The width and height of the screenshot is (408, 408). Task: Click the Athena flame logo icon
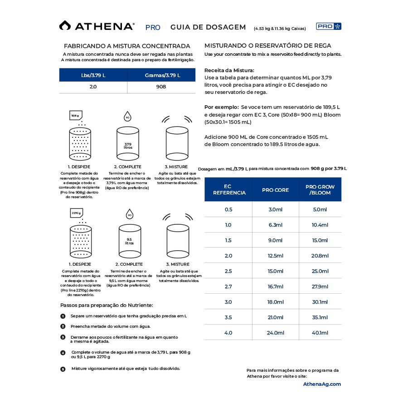[65, 26]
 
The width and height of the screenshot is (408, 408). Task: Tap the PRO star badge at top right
[329, 26]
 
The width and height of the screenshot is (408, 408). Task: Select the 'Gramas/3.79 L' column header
[162, 75]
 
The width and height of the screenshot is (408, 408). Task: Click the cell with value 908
[161, 87]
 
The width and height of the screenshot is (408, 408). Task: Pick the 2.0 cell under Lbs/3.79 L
[93, 87]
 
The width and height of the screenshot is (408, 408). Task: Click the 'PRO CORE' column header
[275, 190]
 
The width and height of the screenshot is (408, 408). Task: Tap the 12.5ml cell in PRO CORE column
[275, 256]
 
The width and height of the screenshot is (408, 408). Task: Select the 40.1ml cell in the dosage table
[320, 333]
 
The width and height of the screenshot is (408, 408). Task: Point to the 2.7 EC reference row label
[228, 287]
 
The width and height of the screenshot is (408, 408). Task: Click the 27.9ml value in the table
[320, 287]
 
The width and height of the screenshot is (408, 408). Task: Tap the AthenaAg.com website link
[322, 384]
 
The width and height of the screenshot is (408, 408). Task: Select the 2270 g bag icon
[76, 213]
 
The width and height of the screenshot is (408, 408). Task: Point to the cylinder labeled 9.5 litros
[129, 240]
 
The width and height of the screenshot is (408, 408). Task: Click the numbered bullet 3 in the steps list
[63, 337]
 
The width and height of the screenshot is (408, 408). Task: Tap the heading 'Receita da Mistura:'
[229, 70]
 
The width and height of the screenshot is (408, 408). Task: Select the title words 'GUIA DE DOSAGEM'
[208, 27]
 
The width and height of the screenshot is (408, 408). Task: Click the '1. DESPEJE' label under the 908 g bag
[79, 166]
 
